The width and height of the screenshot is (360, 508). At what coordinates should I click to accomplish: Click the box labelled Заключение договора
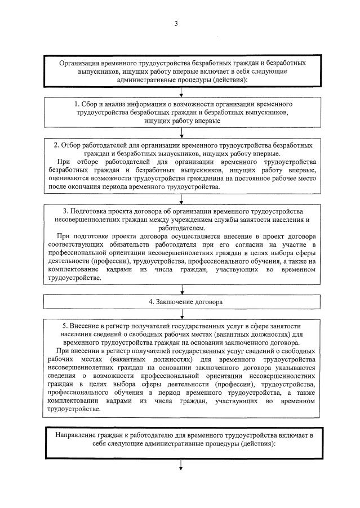pyautogui.click(x=181, y=302)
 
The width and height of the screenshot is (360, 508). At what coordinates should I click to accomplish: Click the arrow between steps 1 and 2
pyautogui.click(x=181, y=133)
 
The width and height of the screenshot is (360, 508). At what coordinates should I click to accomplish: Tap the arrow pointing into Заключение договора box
pyautogui.click(x=181, y=290)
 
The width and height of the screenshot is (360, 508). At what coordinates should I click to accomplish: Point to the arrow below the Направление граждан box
pyautogui.click(x=181, y=465)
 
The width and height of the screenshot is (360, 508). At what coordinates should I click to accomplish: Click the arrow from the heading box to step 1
pyautogui.click(x=181, y=93)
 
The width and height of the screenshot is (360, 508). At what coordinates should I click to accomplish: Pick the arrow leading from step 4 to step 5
pyautogui.click(x=181, y=314)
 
